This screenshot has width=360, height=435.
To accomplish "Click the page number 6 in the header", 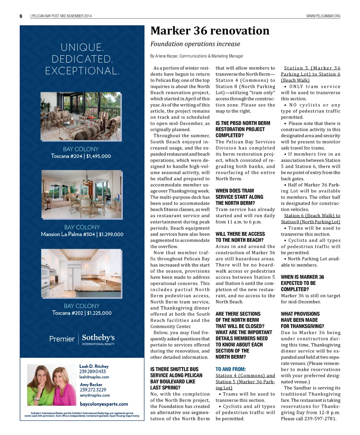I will (21, 16).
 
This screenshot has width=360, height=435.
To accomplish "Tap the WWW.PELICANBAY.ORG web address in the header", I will (323, 16).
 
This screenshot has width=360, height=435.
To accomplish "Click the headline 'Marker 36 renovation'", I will (210, 31).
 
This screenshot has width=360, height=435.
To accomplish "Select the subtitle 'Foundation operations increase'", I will (195, 44).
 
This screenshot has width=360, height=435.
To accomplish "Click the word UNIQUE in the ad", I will (82, 47).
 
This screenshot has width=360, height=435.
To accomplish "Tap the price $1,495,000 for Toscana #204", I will (98, 156).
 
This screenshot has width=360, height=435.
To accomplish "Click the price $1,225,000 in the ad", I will (99, 313).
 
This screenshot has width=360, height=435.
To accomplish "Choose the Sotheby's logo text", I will (98, 338).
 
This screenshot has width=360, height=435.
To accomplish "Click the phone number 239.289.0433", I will (92, 371).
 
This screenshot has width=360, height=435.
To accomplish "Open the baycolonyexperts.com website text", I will (104, 404).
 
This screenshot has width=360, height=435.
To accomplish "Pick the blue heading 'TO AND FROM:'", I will (231, 369).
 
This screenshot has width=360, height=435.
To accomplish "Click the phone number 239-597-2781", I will (319, 418).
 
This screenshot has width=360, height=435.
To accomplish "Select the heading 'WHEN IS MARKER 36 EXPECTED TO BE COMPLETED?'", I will (302, 283).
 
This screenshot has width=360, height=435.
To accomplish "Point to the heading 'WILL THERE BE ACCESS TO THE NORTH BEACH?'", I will (240, 237).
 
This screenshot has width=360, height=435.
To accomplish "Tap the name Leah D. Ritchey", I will (94, 366).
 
